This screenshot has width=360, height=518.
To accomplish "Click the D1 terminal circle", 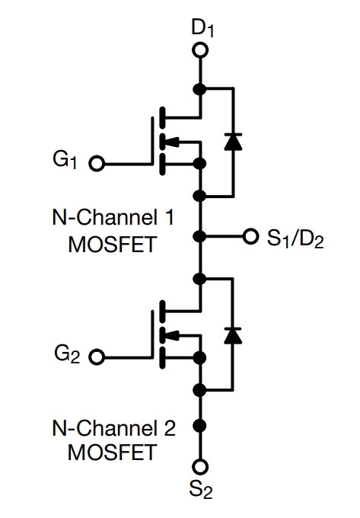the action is pyautogui.click(x=200, y=50).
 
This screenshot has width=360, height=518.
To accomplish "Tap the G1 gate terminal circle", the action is pyautogui.click(x=97, y=163).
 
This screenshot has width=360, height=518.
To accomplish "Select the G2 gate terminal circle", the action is pyautogui.click(x=97, y=357).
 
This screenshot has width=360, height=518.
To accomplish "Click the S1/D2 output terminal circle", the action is pyautogui.click(x=250, y=236).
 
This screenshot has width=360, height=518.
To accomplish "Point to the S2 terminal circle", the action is pyautogui.click(x=200, y=466).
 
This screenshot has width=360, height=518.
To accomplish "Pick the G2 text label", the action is pyautogui.click(x=67, y=354).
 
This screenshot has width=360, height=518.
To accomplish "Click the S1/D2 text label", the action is pyautogui.click(x=295, y=238).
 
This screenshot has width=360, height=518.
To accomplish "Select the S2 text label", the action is pyautogui.click(x=201, y=488).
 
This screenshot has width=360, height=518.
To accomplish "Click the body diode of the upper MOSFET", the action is pyautogui.click(x=233, y=142).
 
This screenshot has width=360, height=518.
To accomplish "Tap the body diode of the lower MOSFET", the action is pyautogui.click(x=233, y=336).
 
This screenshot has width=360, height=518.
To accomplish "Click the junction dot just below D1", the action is pyautogui.click(x=199, y=88).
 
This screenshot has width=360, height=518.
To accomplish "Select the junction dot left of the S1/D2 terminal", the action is pyautogui.click(x=199, y=236).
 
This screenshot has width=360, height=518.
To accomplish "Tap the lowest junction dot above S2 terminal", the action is pyautogui.click(x=199, y=425).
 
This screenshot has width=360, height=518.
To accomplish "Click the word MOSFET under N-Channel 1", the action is pyautogui.click(x=112, y=245).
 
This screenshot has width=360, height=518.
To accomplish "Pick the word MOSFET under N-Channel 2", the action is pyautogui.click(x=112, y=452).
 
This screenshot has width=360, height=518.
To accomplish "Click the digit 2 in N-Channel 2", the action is pyautogui.click(x=169, y=428).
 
